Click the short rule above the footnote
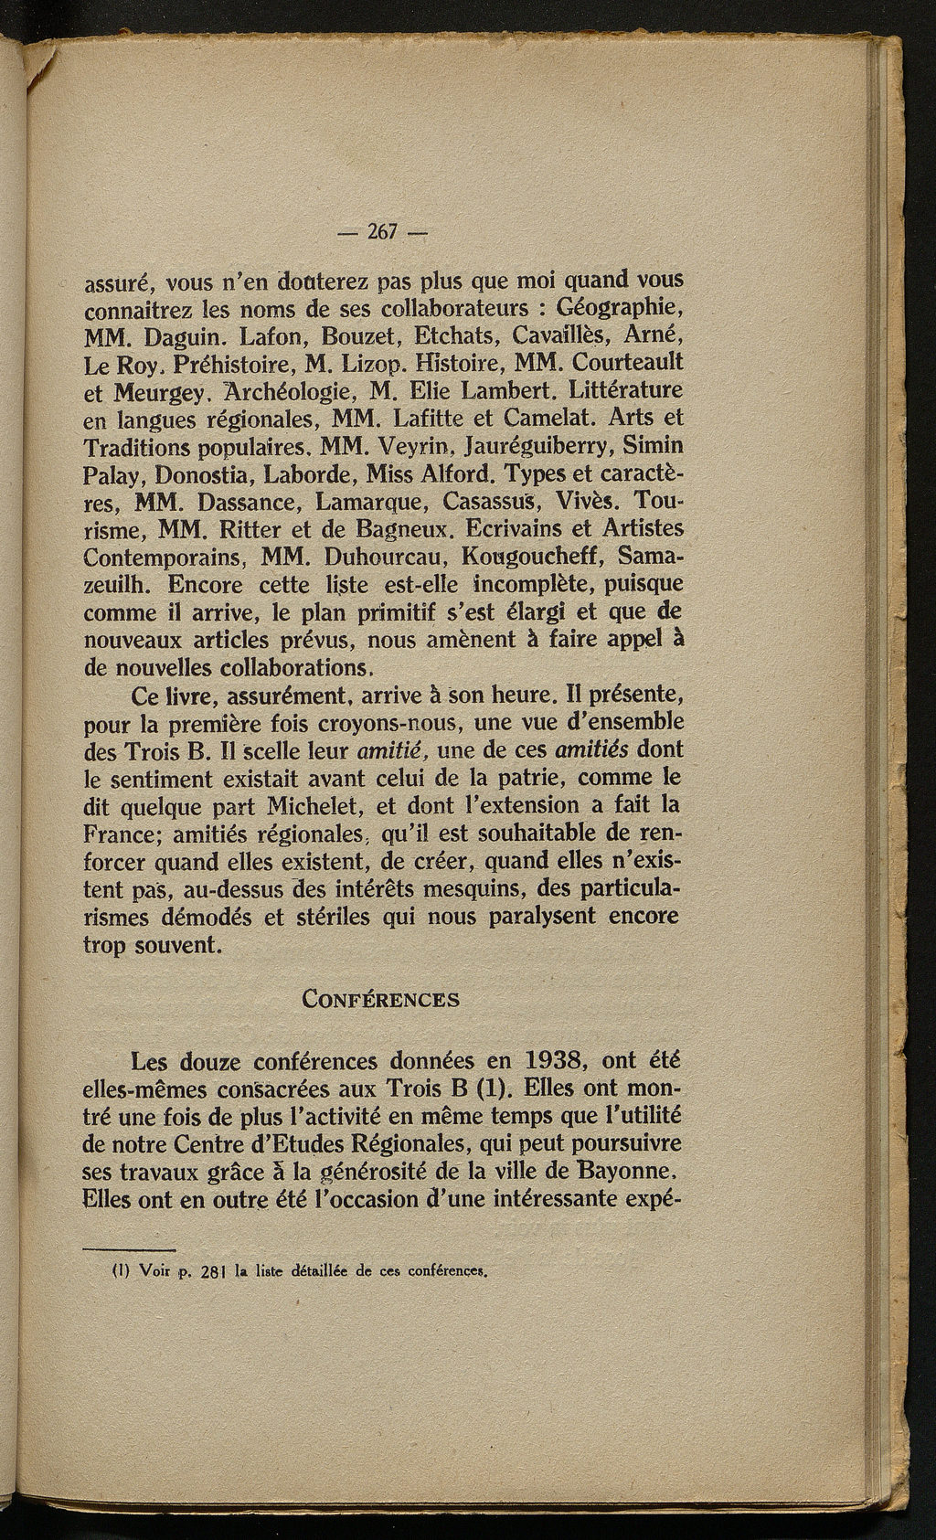tap(129, 1249)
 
